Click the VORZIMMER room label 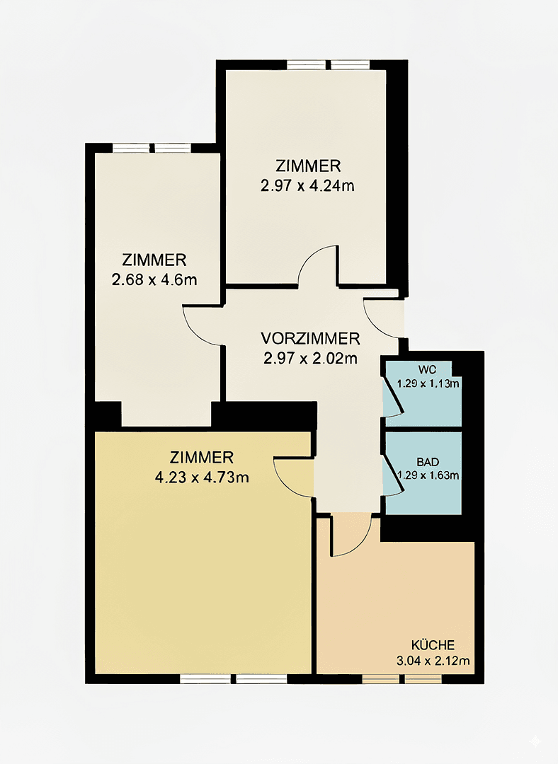click(309, 337)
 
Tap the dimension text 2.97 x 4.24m click(308, 186)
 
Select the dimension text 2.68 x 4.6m click(154, 279)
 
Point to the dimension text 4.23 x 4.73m click(202, 477)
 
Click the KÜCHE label click(433, 645)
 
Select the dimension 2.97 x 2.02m click(309, 358)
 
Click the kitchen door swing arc click(352, 537)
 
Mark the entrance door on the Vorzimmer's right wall click(383, 318)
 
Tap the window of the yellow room click(233, 679)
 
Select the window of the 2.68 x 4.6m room click(152, 148)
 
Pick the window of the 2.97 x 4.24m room click(328, 64)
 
